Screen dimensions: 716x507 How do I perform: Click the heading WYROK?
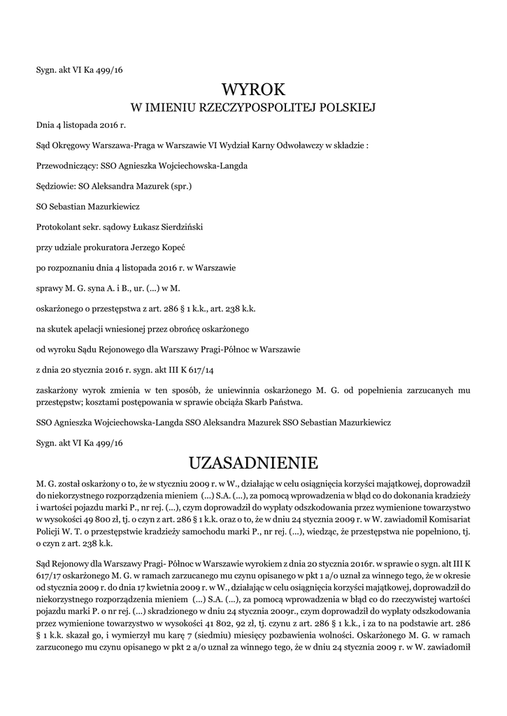click(253, 89)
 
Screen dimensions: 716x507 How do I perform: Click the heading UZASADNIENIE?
click(253, 463)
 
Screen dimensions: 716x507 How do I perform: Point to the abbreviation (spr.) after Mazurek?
click(180, 187)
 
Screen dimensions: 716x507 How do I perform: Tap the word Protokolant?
click(59, 227)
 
